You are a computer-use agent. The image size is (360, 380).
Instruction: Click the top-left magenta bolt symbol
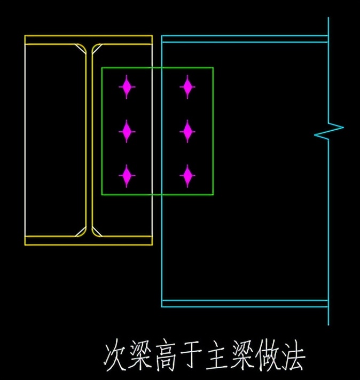tap(127, 87)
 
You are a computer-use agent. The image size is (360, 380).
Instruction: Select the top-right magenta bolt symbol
tap(187, 87)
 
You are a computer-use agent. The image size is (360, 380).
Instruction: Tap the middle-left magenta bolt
tap(127, 131)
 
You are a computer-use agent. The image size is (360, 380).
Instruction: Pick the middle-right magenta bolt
tap(187, 131)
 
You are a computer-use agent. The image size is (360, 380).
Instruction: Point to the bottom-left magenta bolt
tap(127, 176)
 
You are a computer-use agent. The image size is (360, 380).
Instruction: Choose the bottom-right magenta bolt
tap(187, 176)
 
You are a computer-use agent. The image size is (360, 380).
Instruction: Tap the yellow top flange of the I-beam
tap(89, 39)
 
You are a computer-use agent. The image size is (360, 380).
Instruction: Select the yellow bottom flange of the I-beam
tap(89, 240)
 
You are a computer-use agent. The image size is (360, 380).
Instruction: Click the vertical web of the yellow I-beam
tap(89, 139)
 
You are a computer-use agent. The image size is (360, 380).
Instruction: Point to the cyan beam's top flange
tap(245, 38)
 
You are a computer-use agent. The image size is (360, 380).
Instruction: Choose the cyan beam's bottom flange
tap(245, 304)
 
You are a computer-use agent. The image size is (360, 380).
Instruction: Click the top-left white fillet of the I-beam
tap(81, 49)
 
